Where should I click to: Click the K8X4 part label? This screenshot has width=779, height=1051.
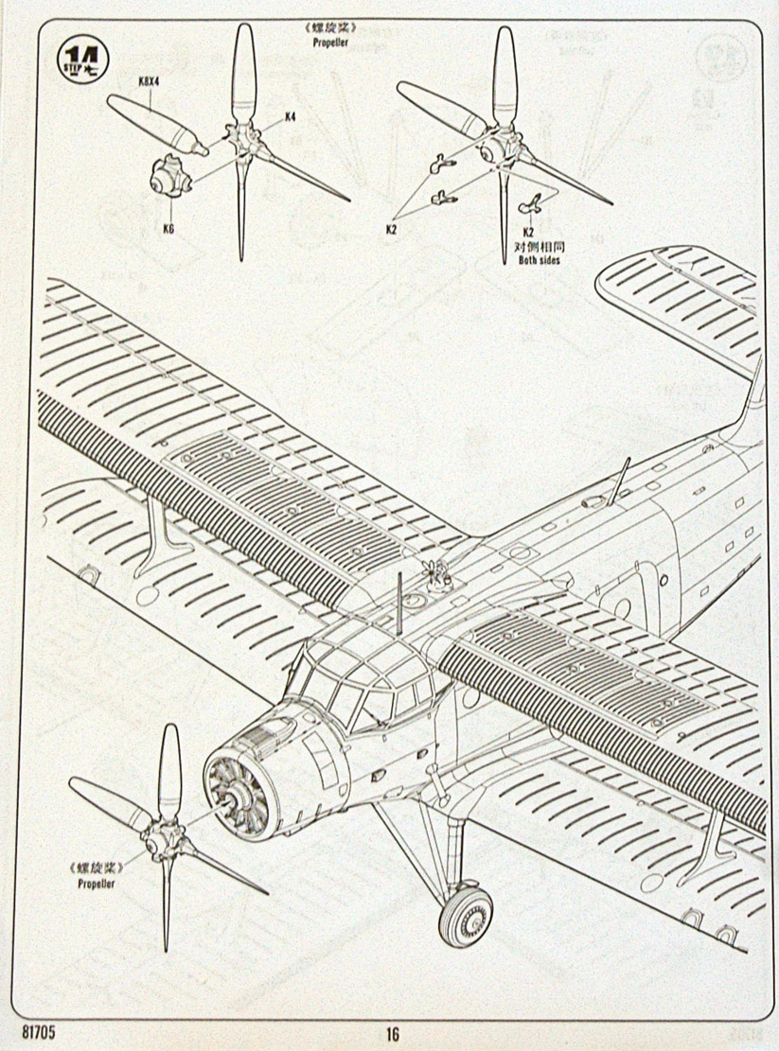pyautogui.click(x=149, y=81)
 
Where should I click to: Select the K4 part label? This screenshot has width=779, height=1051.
pyautogui.click(x=291, y=117)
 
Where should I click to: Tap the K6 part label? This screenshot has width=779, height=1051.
pyautogui.click(x=168, y=227)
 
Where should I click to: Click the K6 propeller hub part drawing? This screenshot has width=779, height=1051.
pyautogui.click(x=170, y=176)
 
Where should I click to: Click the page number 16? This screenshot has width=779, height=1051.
pyautogui.click(x=394, y=1033)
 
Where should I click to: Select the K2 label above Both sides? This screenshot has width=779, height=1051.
pyautogui.click(x=528, y=232)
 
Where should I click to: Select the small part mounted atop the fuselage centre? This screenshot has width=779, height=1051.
pyautogui.click(x=435, y=574)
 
